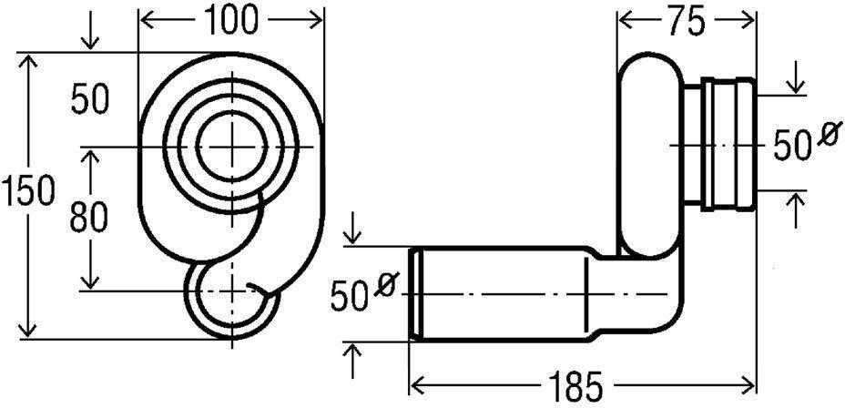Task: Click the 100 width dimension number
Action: (230, 17)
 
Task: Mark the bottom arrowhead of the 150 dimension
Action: (29, 333)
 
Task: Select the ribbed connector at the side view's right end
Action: (728, 143)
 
